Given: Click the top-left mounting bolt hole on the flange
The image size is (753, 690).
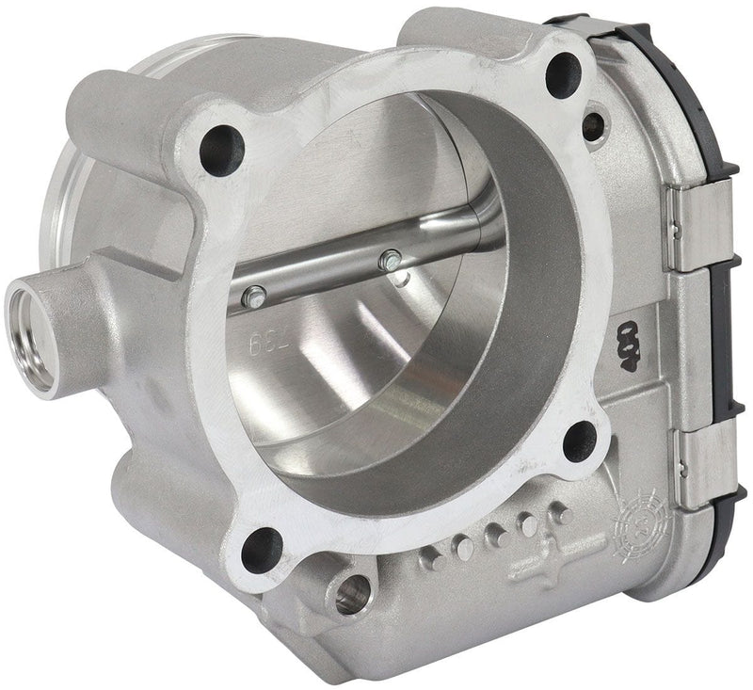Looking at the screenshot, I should click(x=222, y=149).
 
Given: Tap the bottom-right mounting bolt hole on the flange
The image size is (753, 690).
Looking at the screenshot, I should click(x=581, y=440).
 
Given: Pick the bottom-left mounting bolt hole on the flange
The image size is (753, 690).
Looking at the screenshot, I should click(x=262, y=548).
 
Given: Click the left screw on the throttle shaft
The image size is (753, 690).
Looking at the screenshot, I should click(x=249, y=298).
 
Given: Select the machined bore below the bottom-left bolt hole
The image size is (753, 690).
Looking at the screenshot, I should click(x=349, y=594).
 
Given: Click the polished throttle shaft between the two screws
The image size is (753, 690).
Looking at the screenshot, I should click(x=320, y=280).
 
